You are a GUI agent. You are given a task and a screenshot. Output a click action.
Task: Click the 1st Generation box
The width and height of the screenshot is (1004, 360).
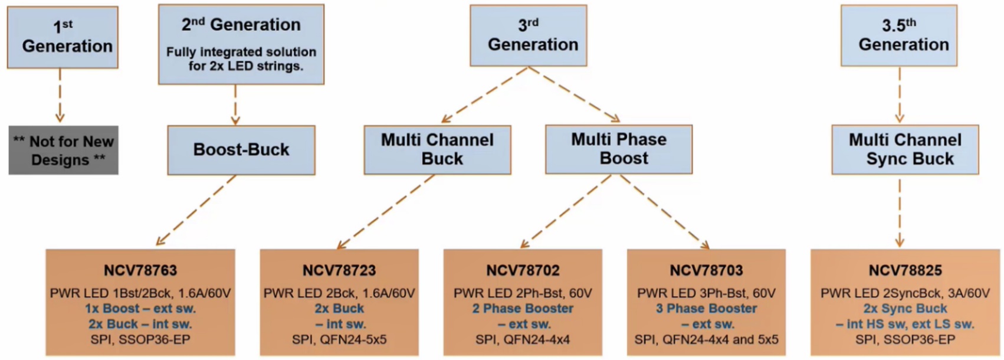63,37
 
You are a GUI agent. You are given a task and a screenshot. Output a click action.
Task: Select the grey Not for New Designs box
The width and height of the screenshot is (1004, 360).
63,150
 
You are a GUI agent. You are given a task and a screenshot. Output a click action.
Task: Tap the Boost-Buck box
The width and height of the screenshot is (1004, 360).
241,150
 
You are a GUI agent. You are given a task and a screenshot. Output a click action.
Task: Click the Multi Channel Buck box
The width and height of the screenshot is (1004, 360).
437,149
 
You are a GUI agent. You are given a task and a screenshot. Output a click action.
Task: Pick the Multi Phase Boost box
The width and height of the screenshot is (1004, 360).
619,149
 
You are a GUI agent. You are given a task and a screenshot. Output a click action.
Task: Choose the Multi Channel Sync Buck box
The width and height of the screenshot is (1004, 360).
905,149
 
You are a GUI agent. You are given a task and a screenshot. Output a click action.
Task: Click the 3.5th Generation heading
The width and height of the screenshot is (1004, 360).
899,35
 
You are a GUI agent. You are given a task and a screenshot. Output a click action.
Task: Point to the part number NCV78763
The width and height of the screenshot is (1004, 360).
140,270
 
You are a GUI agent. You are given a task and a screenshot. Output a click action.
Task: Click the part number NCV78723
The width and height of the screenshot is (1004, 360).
339,270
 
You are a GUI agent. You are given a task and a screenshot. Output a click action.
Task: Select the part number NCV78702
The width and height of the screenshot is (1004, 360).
523,270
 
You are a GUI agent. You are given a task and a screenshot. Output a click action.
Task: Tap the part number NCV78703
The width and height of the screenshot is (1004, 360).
706,270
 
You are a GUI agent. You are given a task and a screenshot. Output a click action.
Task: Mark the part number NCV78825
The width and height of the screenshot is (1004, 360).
905,270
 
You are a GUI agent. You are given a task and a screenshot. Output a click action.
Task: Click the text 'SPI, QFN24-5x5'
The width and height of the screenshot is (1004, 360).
339,339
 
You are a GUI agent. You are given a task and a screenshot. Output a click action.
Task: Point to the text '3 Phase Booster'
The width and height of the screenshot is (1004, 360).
706,308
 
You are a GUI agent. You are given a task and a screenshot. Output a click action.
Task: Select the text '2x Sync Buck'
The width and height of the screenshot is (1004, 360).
905,308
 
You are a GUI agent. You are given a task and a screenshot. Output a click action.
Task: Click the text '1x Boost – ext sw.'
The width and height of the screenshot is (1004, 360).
140,308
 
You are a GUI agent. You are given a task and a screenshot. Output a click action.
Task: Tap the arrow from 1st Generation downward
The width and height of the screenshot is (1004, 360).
60,94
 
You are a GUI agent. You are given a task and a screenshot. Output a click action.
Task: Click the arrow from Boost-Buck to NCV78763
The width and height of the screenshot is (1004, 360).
196,210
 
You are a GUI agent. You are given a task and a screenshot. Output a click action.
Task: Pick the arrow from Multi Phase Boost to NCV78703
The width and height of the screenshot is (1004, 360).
664,210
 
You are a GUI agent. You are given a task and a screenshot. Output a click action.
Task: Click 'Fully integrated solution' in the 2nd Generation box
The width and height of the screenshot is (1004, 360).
241,52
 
